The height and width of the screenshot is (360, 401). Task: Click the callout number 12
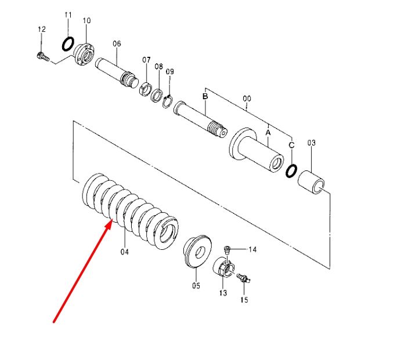[x=42, y=29]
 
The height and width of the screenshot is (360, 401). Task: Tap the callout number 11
[x=68, y=15]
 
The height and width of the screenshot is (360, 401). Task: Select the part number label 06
[x=117, y=43]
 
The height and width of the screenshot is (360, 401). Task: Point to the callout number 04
[x=125, y=252]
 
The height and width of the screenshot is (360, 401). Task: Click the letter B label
[x=205, y=96]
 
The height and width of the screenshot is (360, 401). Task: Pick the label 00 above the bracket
[x=247, y=99]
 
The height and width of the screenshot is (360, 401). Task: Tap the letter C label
[x=291, y=145]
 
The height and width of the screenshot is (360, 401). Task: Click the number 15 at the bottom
[x=244, y=300]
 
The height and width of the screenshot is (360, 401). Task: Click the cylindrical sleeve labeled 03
[x=312, y=183]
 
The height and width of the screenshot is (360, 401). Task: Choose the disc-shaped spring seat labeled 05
[x=197, y=252]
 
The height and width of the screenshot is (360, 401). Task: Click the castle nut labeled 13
[x=224, y=267]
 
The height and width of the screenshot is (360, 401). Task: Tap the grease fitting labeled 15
[x=244, y=278]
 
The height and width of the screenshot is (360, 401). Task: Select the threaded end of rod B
[x=216, y=129]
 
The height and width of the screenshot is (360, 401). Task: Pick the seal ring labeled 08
[x=157, y=95]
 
